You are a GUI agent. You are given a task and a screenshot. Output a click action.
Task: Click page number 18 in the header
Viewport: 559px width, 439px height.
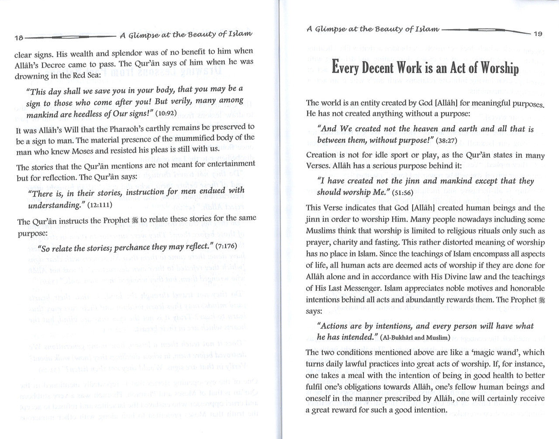pyautogui.click(x=19, y=38)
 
